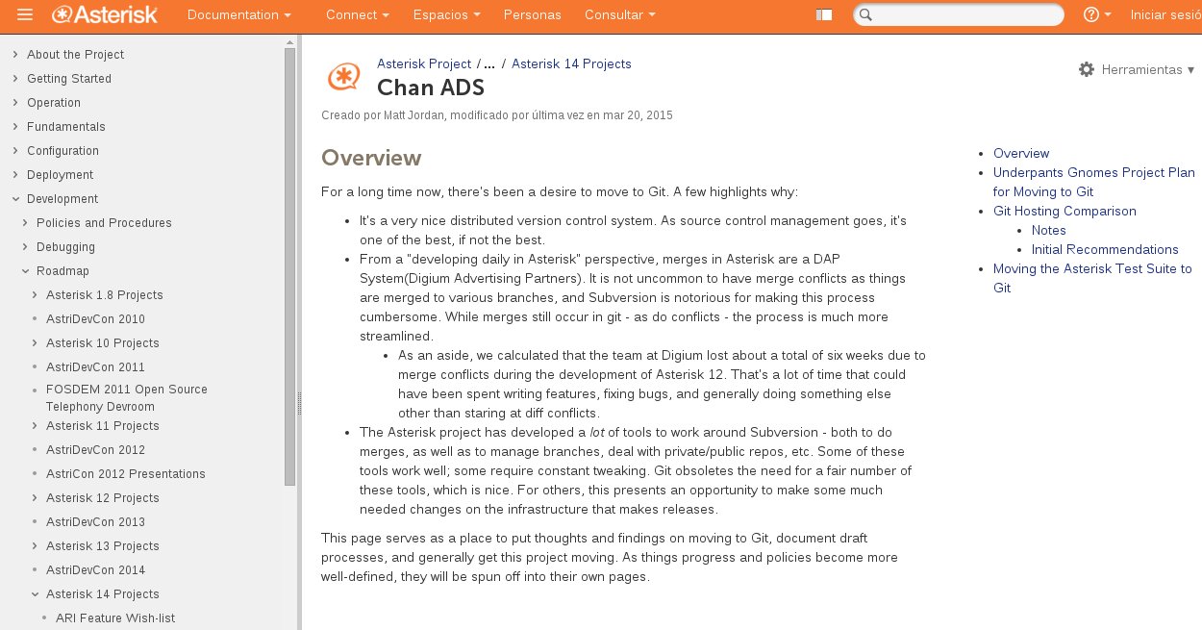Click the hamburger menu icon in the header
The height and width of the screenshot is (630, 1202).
pos(25,14)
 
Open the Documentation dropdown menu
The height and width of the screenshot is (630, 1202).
pos(238,15)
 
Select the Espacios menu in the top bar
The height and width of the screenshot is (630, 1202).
pos(446,15)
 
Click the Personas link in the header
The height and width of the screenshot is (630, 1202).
pos(532,15)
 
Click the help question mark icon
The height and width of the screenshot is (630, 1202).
pos(1091,15)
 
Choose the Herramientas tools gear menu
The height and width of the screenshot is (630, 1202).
pos(1137,70)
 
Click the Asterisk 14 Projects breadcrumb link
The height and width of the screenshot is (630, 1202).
pos(571,64)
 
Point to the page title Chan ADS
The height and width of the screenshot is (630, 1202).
pos(430,88)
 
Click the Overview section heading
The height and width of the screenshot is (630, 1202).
pos(371,158)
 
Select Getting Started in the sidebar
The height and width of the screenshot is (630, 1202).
pos(69,79)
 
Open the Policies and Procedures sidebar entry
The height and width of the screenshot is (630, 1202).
pos(104,223)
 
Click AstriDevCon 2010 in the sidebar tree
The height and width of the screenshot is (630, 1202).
pos(95,319)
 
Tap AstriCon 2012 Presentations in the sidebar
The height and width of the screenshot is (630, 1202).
pos(126,474)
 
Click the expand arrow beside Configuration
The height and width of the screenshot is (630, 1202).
pos(15,151)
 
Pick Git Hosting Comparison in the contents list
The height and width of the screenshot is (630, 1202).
pos(1064,212)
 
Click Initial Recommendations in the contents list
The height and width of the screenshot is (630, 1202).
pos(1105,250)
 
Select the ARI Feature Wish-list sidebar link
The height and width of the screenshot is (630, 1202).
pos(115,618)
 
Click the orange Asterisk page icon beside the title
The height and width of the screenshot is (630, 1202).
pos(343,76)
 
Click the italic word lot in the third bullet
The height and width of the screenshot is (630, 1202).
pos(596,433)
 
